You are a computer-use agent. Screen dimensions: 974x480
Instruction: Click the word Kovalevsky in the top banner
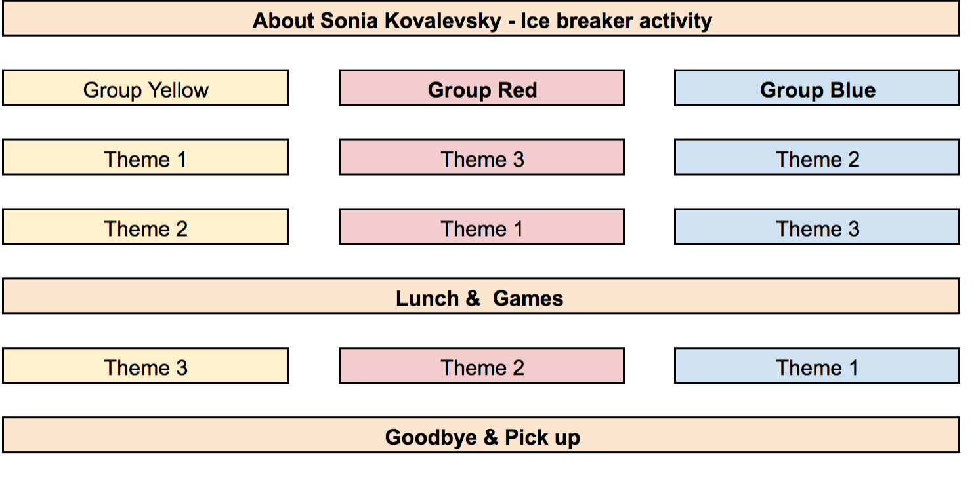[442, 21]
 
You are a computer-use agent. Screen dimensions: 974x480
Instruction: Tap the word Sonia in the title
[349, 21]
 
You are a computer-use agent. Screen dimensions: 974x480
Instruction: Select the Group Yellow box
[146, 88]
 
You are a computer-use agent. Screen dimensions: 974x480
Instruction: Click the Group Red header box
[482, 88]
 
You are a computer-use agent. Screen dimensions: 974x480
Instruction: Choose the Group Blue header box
[817, 88]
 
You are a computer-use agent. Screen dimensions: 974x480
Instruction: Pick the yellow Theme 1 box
[146, 157]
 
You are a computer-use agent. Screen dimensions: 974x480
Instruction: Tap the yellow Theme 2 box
[146, 227]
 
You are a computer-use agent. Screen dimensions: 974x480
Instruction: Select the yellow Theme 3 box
[146, 365]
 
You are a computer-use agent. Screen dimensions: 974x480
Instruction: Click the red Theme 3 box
[482, 157]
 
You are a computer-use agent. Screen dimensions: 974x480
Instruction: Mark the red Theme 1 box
[482, 227]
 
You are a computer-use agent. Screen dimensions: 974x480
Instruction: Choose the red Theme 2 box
[482, 365]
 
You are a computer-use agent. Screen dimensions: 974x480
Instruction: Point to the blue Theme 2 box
[817, 157]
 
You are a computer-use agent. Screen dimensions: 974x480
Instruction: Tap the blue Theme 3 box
[817, 227]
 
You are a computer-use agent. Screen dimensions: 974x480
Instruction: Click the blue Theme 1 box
[817, 365]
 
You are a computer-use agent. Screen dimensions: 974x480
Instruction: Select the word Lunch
[427, 298]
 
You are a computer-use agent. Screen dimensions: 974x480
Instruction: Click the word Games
[528, 298]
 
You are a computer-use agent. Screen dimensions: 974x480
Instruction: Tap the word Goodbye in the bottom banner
[431, 437]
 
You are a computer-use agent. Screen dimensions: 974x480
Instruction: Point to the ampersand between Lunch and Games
[473, 298]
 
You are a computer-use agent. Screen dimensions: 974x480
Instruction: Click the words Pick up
[542, 437]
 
